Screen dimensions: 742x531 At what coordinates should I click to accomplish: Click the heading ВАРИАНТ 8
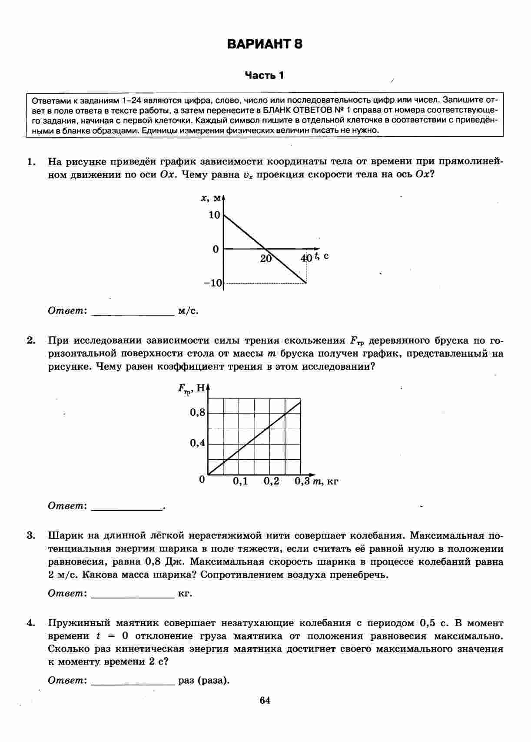tap(265, 44)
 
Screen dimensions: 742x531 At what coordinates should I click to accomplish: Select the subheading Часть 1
tap(264, 76)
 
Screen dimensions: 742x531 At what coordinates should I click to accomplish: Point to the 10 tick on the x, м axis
tap(214, 215)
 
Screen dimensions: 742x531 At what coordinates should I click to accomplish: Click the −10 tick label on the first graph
tap(213, 283)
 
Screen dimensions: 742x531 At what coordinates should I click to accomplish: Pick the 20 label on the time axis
tap(265, 259)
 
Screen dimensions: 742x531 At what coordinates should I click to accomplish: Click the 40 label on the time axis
tap(306, 258)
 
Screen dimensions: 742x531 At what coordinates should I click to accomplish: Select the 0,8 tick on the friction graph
tap(197, 412)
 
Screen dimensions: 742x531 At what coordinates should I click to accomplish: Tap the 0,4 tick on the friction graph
tap(197, 443)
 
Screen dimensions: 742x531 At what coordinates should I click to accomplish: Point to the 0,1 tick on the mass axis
tap(240, 481)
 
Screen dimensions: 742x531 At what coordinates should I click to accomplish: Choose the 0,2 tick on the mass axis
tap(271, 481)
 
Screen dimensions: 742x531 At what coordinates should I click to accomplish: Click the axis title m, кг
tap(325, 481)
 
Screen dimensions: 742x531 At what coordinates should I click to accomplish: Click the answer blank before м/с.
tap(132, 311)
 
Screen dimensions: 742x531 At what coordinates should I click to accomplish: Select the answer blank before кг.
tap(132, 594)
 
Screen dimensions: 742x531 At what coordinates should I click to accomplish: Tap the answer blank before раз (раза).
tap(132, 681)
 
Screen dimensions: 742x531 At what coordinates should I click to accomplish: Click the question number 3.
tap(30, 535)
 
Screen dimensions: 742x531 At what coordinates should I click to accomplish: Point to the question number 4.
tap(30, 623)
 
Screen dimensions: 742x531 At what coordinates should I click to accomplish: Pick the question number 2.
tap(30, 341)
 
